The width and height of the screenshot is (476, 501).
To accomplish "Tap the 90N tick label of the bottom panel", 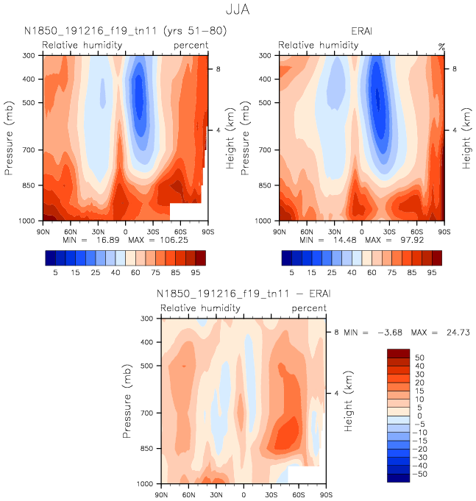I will point(161,494).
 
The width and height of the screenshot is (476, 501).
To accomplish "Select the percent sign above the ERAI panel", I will point(441,46).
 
